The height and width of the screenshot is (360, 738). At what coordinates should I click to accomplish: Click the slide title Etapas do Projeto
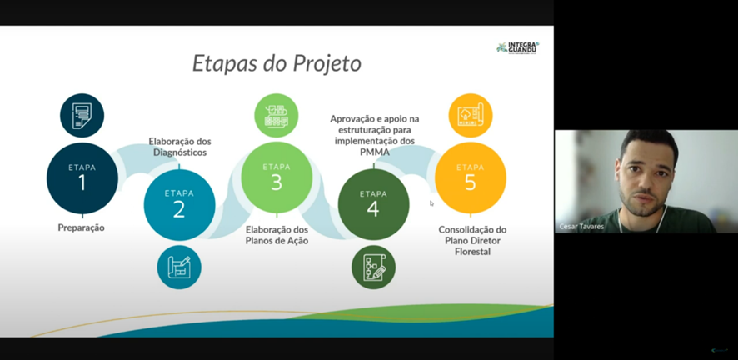(277, 64)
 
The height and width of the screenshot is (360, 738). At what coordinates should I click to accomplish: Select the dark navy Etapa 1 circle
(82, 178)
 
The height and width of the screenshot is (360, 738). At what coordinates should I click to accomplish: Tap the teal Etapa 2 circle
(179, 205)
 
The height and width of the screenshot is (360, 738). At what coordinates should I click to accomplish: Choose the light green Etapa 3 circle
(277, 177)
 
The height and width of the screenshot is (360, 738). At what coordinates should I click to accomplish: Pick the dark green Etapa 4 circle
(373, 205)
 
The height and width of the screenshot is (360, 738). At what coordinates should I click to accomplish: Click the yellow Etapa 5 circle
(470, 177)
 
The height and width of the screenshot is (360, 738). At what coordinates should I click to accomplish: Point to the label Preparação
(82, 227)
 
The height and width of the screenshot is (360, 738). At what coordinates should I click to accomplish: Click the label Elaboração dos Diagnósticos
(180, 147)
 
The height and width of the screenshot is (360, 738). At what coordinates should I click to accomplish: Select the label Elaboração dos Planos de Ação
(277, 235)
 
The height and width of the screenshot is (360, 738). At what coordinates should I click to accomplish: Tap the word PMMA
(374, 152)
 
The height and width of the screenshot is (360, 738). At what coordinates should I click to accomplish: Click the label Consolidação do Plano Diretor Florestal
(472, 241)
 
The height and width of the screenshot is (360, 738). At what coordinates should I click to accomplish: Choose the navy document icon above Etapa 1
(82, 115)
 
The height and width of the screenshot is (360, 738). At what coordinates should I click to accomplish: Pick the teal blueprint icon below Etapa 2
(179, 267)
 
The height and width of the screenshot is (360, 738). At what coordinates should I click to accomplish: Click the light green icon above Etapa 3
(277, 115)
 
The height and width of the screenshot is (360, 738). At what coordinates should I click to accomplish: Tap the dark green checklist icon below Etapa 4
(373, 267)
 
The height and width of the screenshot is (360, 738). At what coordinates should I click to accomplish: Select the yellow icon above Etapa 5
(470, 115)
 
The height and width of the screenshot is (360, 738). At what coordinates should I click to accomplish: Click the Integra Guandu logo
(518, 47)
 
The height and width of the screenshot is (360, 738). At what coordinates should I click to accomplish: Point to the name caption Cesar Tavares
(581, 227)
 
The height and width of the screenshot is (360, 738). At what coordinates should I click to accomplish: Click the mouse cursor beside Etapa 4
(431, 203)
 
